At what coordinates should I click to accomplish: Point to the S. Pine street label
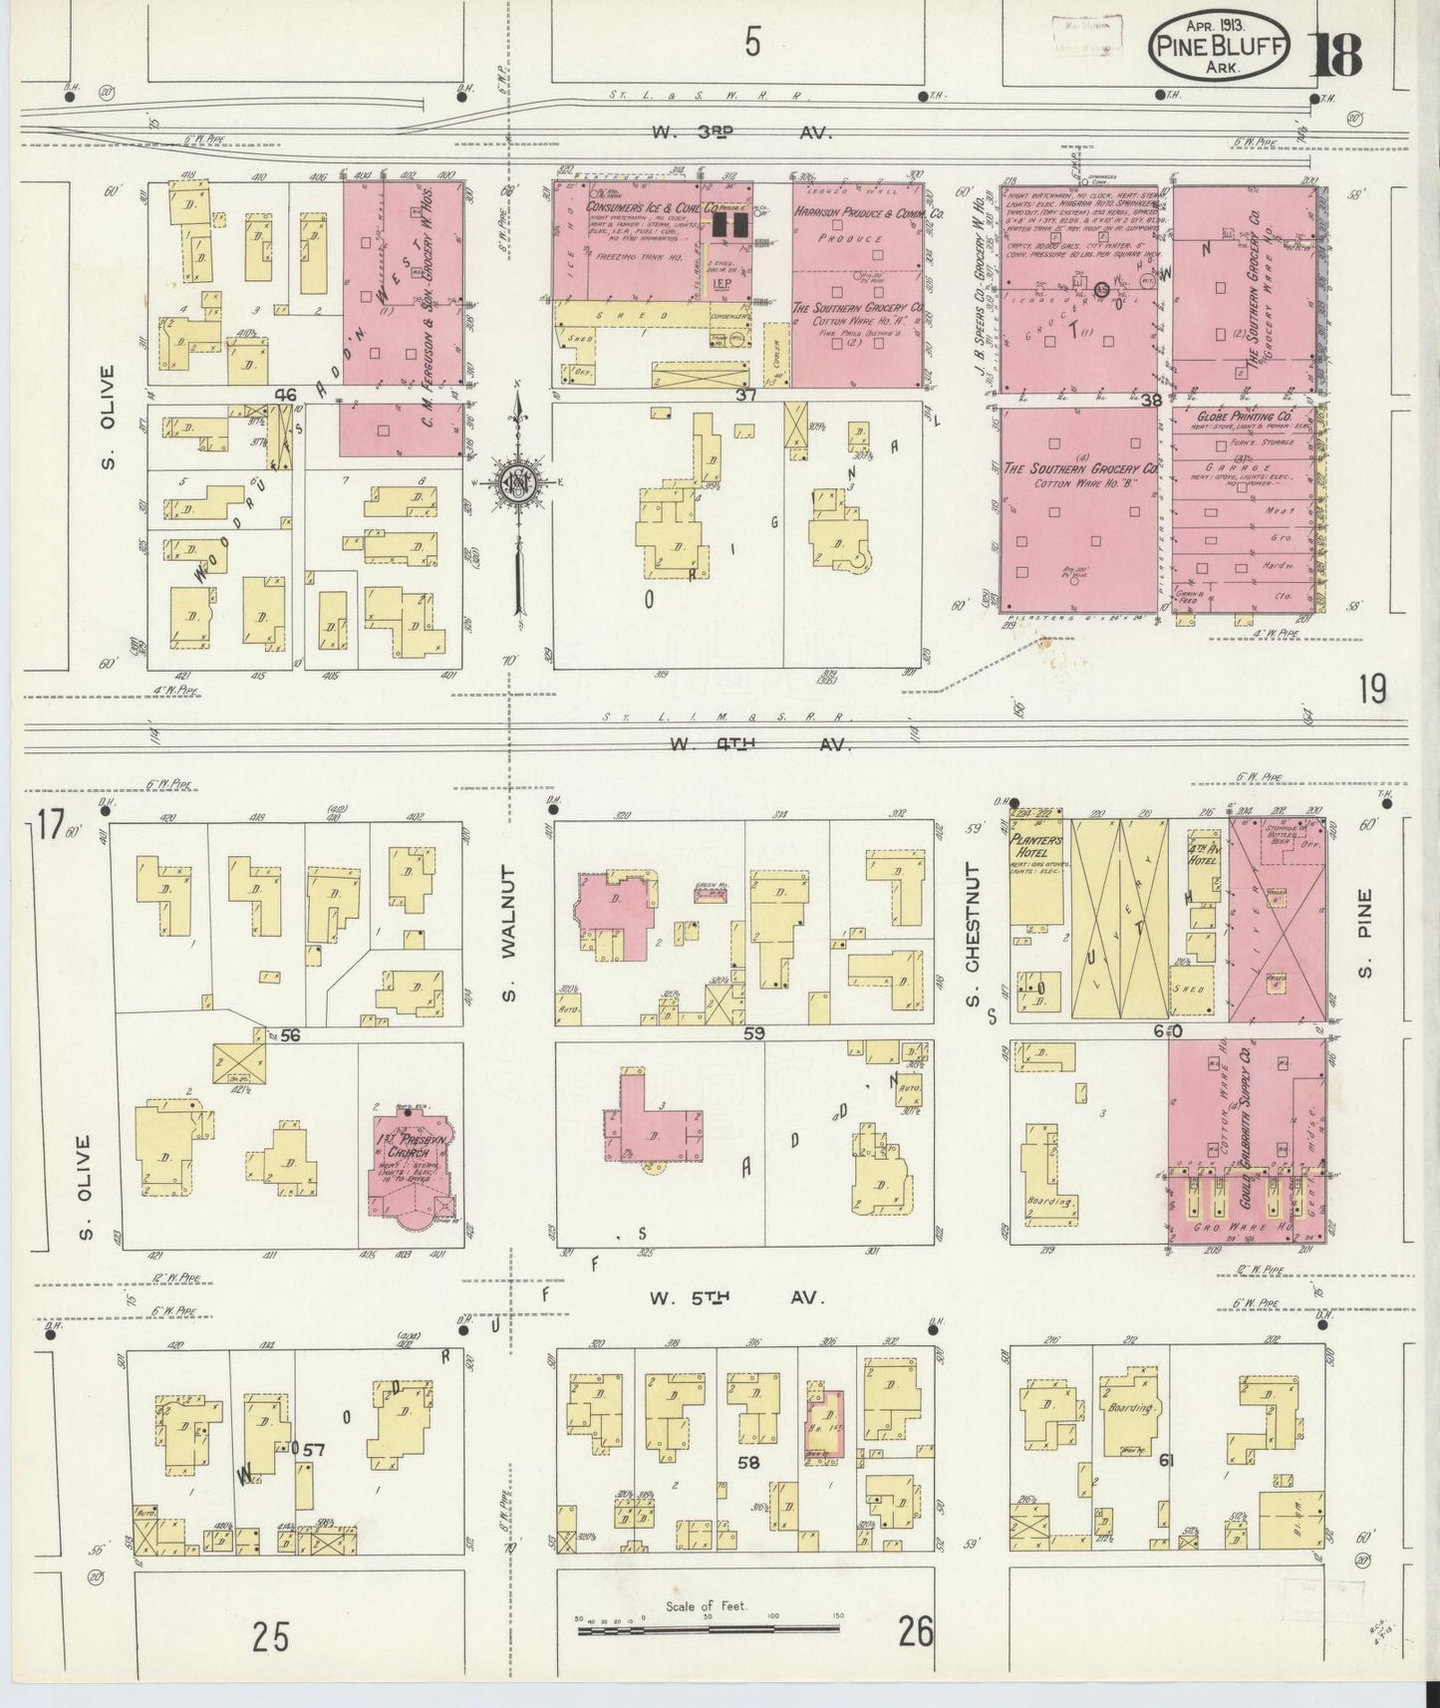(x=1364, y=934)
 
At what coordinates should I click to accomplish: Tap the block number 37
(x=746, y=396)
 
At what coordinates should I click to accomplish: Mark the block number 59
(x=753, y=1033)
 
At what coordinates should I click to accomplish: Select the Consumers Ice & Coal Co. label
(x=652, y=207)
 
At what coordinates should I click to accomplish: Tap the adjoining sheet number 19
(x=1371, y=690)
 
